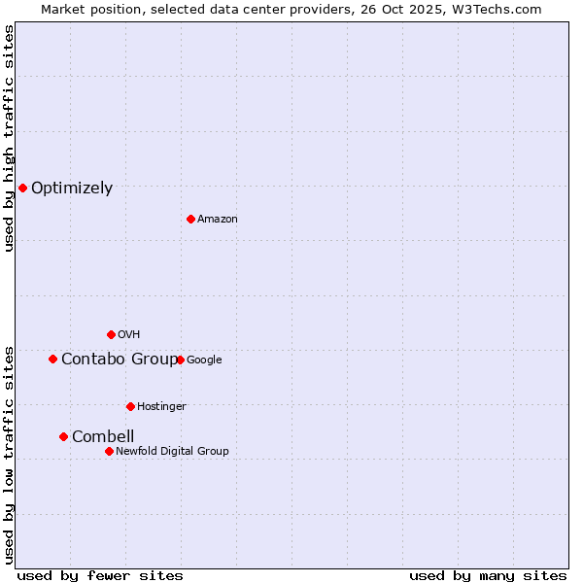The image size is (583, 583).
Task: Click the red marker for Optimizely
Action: (22, 188)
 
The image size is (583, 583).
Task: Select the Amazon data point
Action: (190, 219)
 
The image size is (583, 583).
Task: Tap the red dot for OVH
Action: (111, 334)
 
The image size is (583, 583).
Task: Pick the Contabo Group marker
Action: (52, 359)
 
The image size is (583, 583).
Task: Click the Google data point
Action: (180, 360)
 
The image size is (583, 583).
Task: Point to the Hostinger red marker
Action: (130, 406)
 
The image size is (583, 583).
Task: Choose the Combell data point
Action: (63, 436)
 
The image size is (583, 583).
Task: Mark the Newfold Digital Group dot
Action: (109, 451)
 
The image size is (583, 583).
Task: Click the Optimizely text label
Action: (72, 189)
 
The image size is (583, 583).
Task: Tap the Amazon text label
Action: (218, 220)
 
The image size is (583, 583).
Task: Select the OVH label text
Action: (129, 335)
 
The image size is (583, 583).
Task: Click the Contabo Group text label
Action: (119, 360)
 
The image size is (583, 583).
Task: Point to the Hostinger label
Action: (161, 407)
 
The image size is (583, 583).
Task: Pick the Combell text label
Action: (103, 437)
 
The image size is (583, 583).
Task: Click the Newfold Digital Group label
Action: (172, 452)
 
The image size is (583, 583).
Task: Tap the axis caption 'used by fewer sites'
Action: (100, 575)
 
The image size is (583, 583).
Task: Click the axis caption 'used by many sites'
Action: (488, 575)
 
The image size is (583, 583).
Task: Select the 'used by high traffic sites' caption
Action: (10, 138)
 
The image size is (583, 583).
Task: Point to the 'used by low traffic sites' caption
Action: (10, 454)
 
